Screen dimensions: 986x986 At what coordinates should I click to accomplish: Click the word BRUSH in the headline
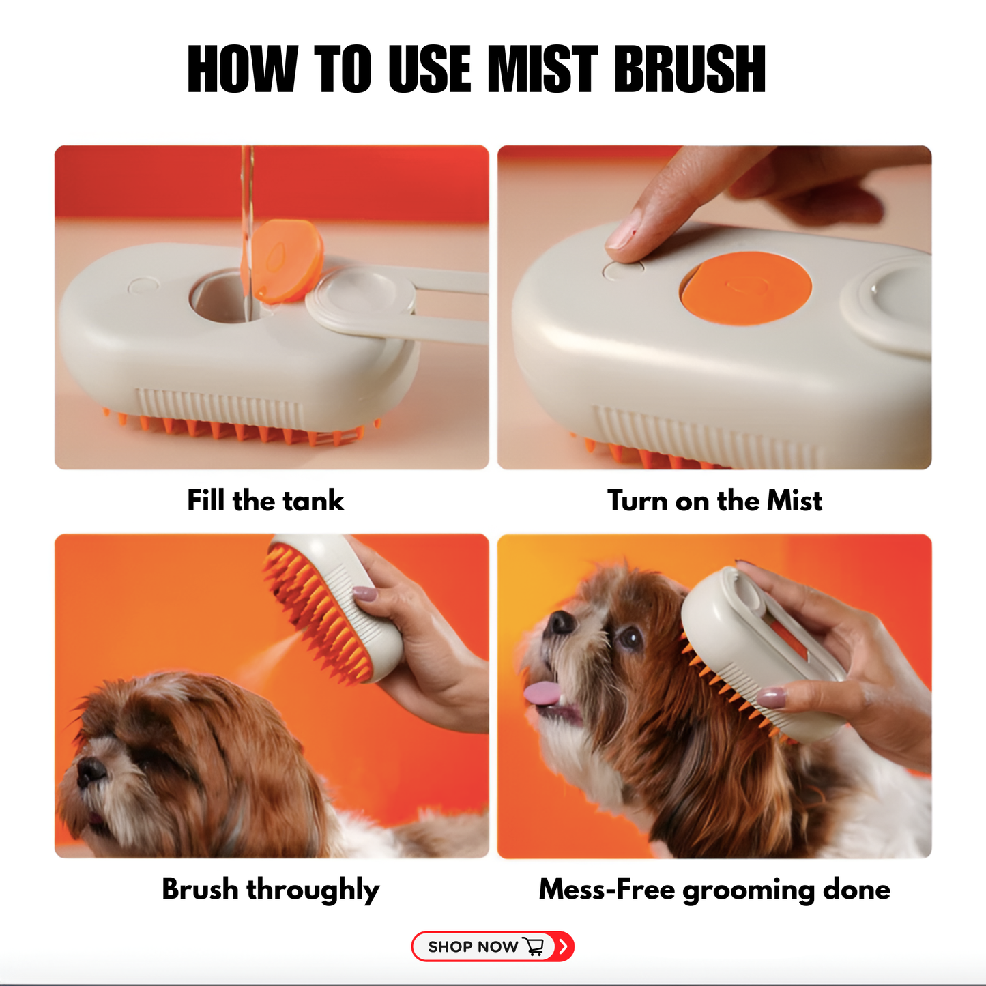point(689,69)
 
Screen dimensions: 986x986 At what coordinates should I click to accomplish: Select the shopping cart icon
point(534,946)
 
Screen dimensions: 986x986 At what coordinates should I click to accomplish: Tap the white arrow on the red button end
point(564,946)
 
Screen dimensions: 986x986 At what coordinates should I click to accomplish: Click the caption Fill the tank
point(265,501)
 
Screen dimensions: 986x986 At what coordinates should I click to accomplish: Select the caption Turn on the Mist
point(714,501)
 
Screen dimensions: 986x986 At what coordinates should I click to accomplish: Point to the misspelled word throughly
point(313,890)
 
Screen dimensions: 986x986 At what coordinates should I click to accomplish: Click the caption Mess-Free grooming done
point(714,890)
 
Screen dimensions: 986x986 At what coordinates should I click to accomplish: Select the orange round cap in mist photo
point(746,288)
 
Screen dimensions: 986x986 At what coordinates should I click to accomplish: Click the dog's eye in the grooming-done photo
point(630,638)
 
